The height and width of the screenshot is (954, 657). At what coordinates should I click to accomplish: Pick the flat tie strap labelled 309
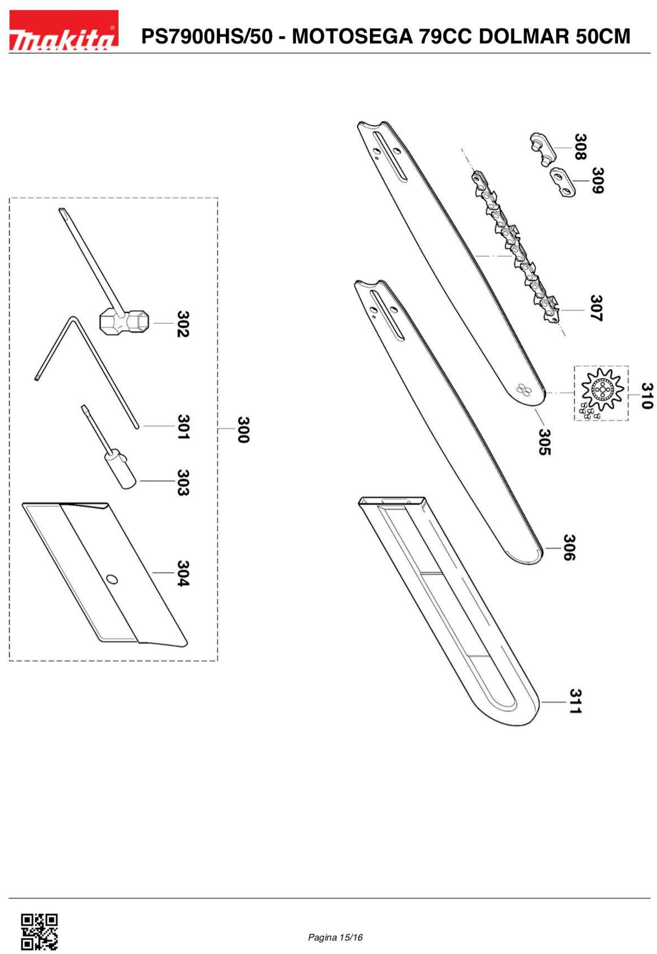tap(563, 181)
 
